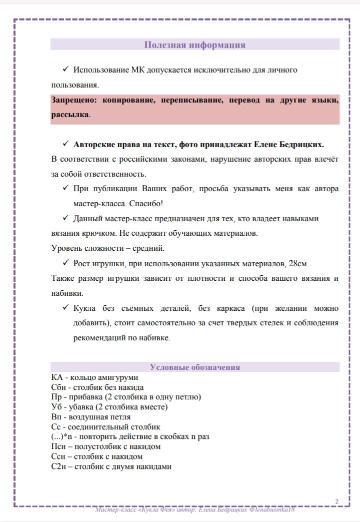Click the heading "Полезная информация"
tap(194, 45)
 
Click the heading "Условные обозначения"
tap(194, 367)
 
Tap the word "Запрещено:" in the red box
tap(74, 100)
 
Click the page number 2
tap(337, 501)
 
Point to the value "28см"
tap(304, 264)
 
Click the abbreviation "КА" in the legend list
tap(57, 377)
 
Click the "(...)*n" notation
tap(64, 436)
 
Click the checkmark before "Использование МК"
tap(65, 69)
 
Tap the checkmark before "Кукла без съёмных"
tap(65, 308)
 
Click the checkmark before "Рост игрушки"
tap(65, 263)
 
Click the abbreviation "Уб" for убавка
tap(56, 407)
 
